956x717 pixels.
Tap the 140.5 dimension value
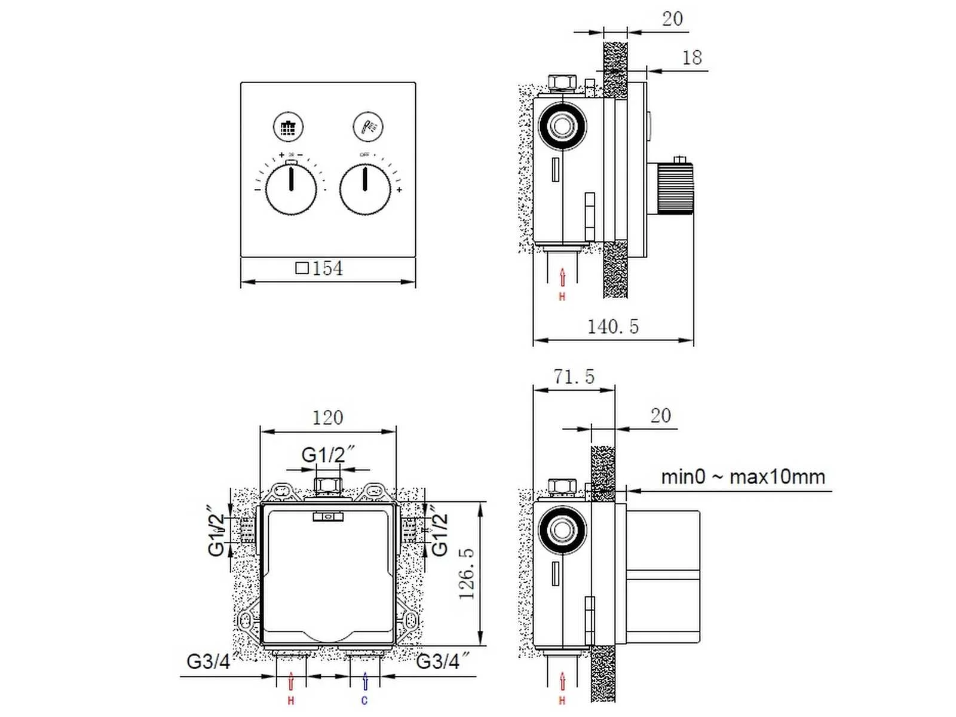[612, 327]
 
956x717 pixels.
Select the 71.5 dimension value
[574, 377]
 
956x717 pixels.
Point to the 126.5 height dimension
[467, 574]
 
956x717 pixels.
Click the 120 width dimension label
[328, 418]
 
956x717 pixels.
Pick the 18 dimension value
[692, 58]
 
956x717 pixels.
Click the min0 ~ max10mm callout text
[743, 477]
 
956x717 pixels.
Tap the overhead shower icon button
[289, 127]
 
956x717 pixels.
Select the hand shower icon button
[367, 127]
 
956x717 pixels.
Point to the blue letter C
[364, 701]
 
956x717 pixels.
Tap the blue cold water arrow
[365, 681]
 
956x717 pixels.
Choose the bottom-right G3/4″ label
[442, 661]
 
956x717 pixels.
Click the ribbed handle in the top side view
[675, 188]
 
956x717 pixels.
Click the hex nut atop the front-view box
[327, 485]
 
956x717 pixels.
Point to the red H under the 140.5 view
[562, 297]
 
